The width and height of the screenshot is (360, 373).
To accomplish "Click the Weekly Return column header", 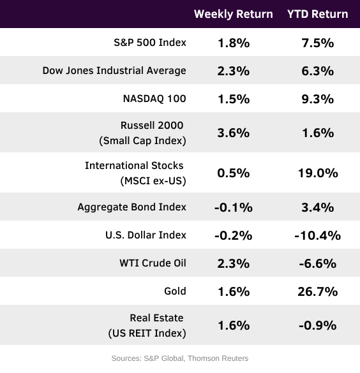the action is pyautogui.click(x=234, y=14).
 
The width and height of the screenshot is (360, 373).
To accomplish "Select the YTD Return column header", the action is pyautogui.click(x=318, y=14).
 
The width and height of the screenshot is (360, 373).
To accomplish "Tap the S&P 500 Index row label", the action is pyautogui.click(x=150, y=43).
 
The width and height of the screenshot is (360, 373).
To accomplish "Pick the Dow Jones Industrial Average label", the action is pyautogui.click(x=114, y=71).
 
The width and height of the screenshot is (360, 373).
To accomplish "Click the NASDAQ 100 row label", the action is pyautogui.click(x=154, y=99).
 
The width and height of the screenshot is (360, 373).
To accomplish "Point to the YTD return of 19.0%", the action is pyautogui.click(x=318, y=173).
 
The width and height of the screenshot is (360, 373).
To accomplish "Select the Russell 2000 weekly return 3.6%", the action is pyautogui.click(x=234, y=133).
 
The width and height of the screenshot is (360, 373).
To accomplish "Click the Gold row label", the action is pyautogui.click(x=175, y=291).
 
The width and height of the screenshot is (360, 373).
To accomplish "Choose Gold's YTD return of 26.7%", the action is pyautogui.click(x=318, y=291).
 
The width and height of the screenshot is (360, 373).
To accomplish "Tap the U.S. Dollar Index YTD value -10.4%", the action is pyautogui.click(x=318, y=235).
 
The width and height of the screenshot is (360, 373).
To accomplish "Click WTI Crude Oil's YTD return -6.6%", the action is pyautogui.click(x=318, y=263).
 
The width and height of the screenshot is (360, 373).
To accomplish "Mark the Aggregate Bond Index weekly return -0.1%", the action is pyautogui.click(x=234, y=207).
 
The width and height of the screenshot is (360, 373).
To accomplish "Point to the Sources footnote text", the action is pyautogui.click(x=180, y=358).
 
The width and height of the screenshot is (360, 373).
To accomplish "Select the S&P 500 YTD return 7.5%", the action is pyautogui.click(x=318, y=43).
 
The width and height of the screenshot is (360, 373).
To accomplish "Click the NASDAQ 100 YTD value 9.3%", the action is pyautogui.click(x=318, y=99).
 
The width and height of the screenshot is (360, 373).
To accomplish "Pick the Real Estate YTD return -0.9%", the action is pyautogui.click(x=318, y=325).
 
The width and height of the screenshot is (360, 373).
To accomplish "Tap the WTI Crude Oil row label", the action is pyautogui.click(x=153, y=263).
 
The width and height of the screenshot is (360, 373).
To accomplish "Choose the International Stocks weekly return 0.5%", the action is pyautogui.click(x=234, y=173).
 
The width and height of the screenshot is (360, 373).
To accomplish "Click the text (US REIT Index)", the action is pyautogui.click(x=147, y=333).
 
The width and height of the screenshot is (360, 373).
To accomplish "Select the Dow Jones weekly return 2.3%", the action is pyautogui.click(x=234, y=71).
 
